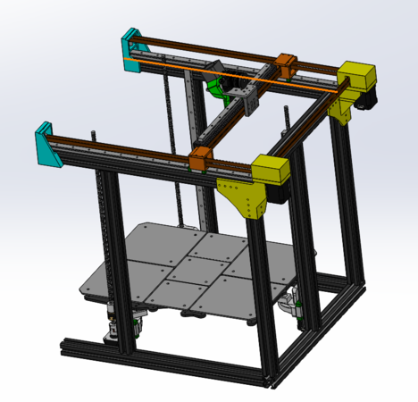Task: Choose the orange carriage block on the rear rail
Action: click(287, 65)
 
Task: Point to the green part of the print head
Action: click(217, 87)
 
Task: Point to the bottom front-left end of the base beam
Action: click(64, 344)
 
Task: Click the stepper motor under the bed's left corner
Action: click(113, 323)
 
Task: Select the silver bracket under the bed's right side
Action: click(290, 306)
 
